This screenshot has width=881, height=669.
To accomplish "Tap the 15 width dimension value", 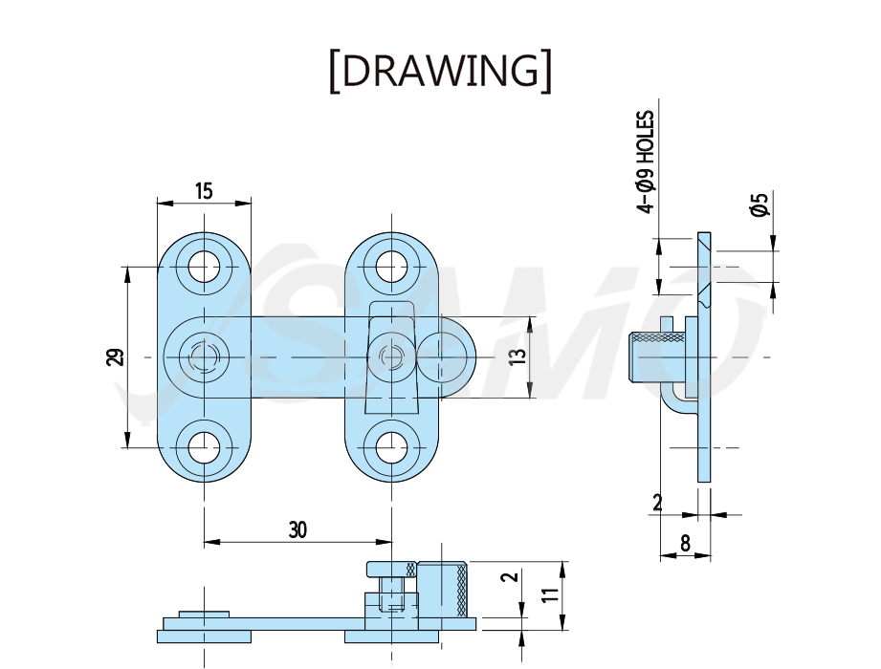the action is pos(204,191).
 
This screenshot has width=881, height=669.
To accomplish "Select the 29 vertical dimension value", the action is pos(115,356).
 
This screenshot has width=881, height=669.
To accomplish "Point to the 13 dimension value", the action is pos(518,356).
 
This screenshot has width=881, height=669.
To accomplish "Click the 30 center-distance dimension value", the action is pos(297,529).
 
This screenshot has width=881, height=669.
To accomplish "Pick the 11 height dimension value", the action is pos(552,594).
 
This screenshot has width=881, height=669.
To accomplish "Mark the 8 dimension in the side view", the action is pos(685,543).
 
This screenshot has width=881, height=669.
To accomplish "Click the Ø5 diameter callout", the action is pos(759,205).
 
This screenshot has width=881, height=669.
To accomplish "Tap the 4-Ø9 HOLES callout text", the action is pos(646,162).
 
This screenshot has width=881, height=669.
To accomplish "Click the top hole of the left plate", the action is pos(204,266).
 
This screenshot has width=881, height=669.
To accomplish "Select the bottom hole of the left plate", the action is pos(204,447).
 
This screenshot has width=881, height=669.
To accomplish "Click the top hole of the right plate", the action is pos(391,266).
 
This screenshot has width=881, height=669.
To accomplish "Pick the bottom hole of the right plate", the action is pos(391,447).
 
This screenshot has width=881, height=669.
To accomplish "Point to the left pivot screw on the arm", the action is pos(204,356).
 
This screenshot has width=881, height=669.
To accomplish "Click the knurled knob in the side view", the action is pos(655,356).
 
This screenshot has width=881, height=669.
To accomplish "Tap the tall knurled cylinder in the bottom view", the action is pos(442,590).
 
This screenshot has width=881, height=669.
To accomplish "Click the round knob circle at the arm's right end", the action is pos(443,356).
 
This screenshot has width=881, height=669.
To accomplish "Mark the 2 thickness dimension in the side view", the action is pos(658,503).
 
